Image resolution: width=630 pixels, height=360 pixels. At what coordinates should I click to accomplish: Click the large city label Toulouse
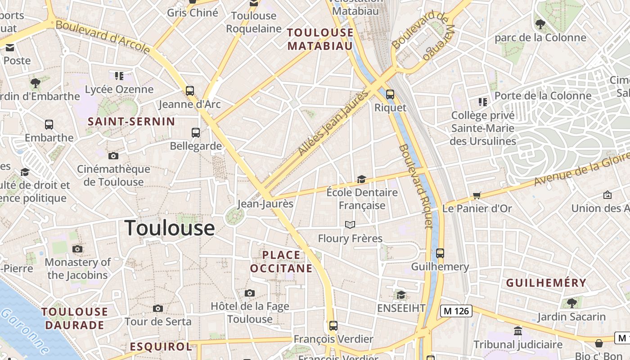click(169, 228)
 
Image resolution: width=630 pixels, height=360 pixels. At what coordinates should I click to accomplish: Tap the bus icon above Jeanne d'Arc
click(190, 90)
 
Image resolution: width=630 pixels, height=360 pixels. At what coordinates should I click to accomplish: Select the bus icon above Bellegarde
click(195, 132)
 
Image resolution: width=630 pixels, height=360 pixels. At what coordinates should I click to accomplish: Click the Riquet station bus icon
click(390, 94)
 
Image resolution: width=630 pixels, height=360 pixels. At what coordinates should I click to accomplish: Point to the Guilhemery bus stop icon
click(440, 253)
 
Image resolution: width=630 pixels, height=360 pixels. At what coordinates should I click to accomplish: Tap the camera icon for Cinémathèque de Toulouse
click(113, 156)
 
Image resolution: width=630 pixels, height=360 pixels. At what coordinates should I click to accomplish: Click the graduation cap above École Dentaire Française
click(361, 180)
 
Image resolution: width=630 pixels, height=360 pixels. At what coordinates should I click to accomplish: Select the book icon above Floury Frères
click(350, 225)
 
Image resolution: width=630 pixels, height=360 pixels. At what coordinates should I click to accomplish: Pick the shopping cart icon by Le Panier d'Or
click(477, 195)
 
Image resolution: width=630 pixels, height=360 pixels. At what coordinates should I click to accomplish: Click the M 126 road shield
click(456, 310)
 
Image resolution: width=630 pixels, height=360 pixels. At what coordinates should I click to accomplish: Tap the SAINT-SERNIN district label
click(131, 121)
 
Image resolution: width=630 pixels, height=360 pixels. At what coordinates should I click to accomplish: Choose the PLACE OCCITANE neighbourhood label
click(281, 261)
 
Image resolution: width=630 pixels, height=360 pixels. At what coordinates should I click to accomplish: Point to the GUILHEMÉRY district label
click(546, 283)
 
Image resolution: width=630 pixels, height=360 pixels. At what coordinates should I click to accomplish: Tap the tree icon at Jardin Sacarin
click(571, 303)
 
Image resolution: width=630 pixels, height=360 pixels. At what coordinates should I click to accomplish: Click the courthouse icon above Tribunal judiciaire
click(518, 331)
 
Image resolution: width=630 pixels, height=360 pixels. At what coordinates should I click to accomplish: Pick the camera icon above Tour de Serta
click(157, 308)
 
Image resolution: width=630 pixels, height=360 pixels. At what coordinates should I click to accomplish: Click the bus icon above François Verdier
click(333, 325)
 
